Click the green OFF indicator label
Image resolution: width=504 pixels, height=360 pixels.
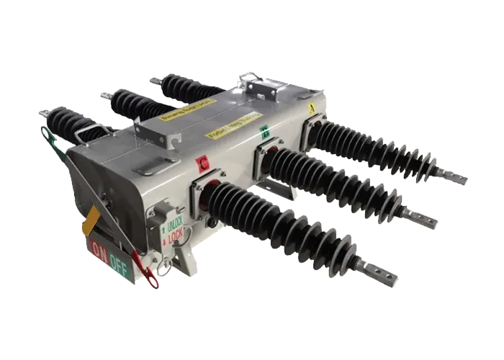pyautogui.click(x=120, y=260)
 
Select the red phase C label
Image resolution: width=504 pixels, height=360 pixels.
pyautogui.click(x=204, y=163)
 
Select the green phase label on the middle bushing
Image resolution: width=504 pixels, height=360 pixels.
pyautogui.click(x=264, y=132)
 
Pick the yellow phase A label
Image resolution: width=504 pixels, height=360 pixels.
pyautogui.click(x=311, y=109)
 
